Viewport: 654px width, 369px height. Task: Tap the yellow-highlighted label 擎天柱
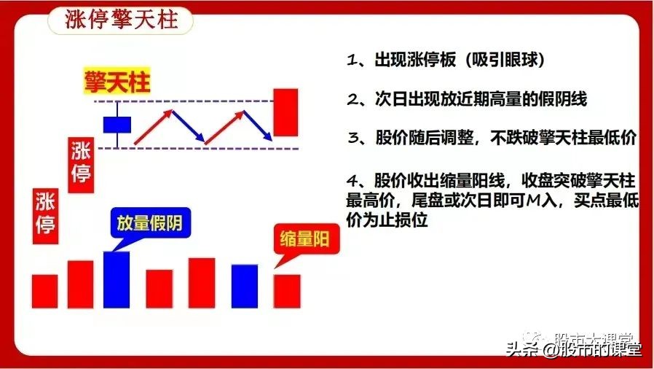pos(117,82)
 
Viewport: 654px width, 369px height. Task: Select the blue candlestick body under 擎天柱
pos(117,124)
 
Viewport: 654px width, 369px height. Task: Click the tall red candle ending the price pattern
pos(286,112)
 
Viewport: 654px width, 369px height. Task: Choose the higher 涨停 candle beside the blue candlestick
pos(80,164)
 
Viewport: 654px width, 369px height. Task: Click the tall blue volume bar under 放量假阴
pos(117,279)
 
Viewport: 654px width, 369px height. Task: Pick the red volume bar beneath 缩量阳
pos(286,290)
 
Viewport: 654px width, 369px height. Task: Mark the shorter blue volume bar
pos(244,286)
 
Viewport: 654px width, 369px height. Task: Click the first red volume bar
pos(44,290)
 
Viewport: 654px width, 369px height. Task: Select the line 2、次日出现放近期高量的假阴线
pos(467,100)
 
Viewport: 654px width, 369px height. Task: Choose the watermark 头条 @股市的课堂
pos(574,349)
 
